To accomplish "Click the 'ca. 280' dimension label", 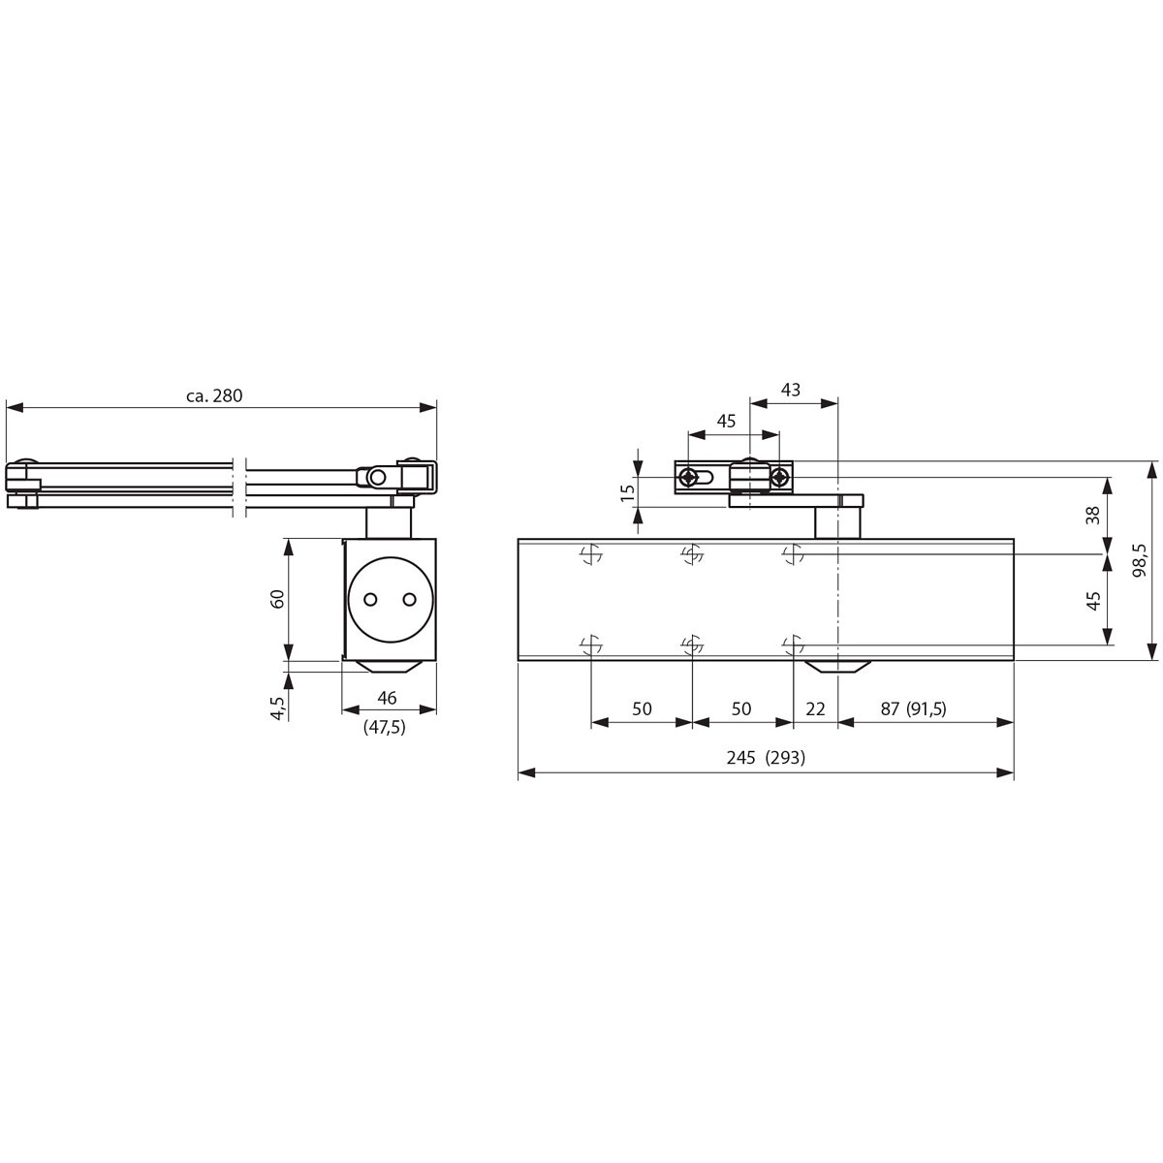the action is (x=213, y=396).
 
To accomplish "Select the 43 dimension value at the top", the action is (x=790, y=390).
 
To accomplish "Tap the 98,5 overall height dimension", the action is (x=1139, y=560).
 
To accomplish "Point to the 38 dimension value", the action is (x=1093, y=515).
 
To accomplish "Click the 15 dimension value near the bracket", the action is (x=628, y=492).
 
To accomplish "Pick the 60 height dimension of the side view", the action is (x=277, y=599).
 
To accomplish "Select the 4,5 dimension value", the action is (x=277, y=707).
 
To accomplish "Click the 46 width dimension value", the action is (x=387, y=698).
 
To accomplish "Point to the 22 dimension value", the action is (x=815, y=708).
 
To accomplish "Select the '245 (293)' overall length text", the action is (x=766, y=758).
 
